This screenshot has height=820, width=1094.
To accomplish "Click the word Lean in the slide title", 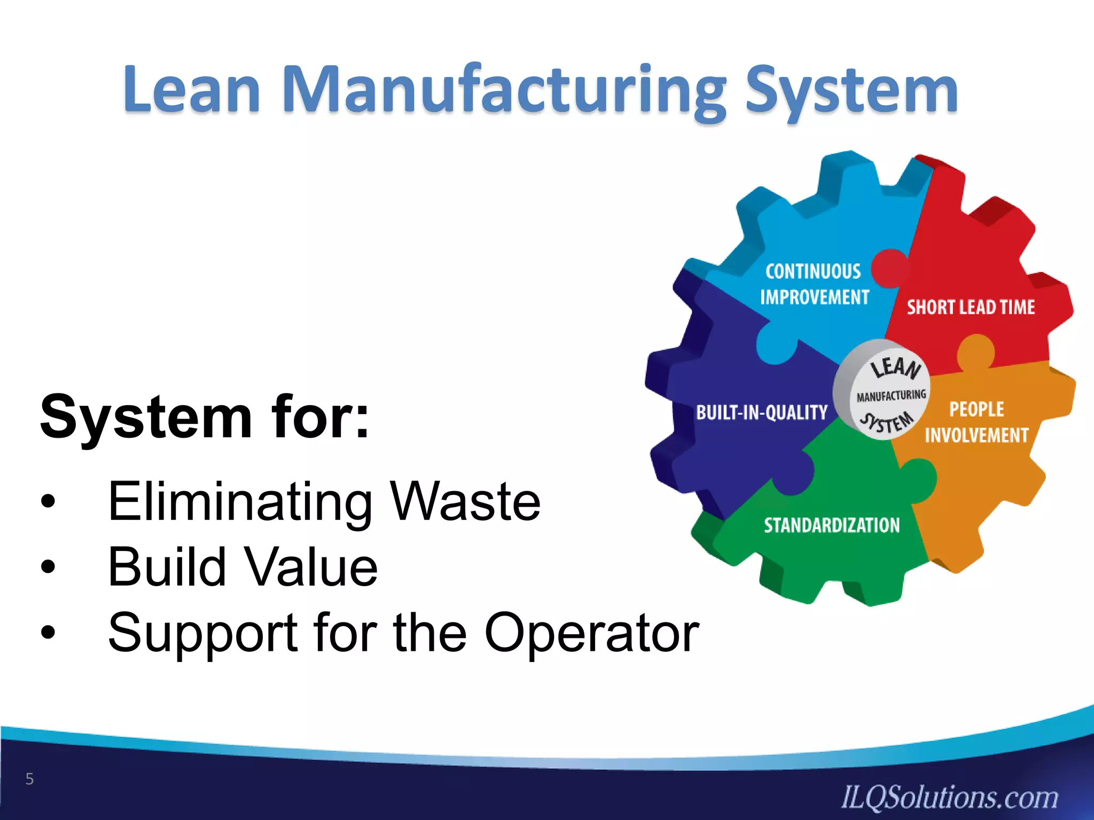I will [x=192, y=90].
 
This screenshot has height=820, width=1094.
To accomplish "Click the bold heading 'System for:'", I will [x=205, y=417].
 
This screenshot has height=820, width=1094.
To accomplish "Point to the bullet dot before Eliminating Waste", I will [x=48, y=502].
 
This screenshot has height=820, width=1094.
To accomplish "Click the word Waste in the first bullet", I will [x=465, y=501].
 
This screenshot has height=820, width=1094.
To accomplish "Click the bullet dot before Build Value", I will [x=48, y=567].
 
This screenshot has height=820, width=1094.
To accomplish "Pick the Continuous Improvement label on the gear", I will [x=814, y=284].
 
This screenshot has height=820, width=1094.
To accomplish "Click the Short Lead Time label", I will [x=971, y=307].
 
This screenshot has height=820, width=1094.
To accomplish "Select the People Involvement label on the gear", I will [x=976, y=422].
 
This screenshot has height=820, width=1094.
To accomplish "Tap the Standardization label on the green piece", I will [x=832, y=525].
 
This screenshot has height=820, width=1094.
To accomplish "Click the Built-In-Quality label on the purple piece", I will [x=762, y=413].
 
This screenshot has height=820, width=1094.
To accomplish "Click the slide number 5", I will [x=29, y=779].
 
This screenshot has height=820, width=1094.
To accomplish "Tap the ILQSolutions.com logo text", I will [x=950, y=798].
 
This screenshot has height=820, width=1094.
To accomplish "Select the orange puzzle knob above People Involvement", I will [x=975, y=352].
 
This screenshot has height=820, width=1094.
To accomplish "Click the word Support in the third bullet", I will [x=203, y=633].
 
